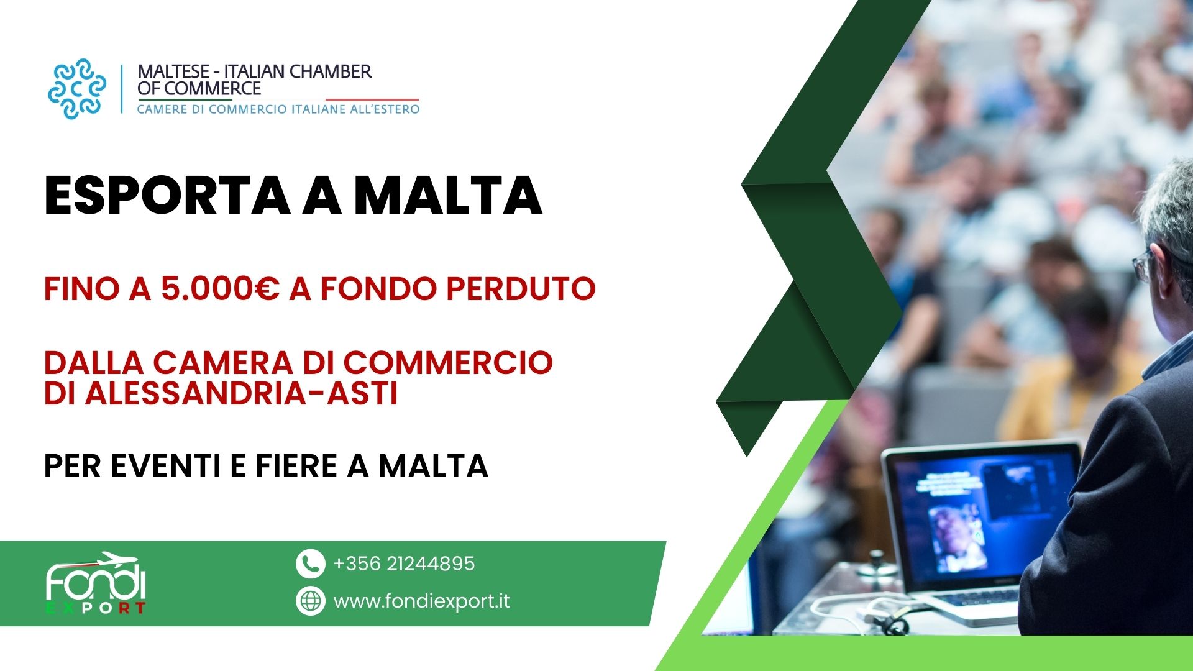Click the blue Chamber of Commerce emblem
point(77,88)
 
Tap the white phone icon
point(310,564)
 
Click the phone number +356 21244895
point(404,564)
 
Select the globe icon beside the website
point(310,601)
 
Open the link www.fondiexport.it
point(422,601)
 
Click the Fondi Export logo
point(96,583)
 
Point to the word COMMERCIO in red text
point(447,363)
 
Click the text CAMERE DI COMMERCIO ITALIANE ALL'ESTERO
point(278,109)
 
